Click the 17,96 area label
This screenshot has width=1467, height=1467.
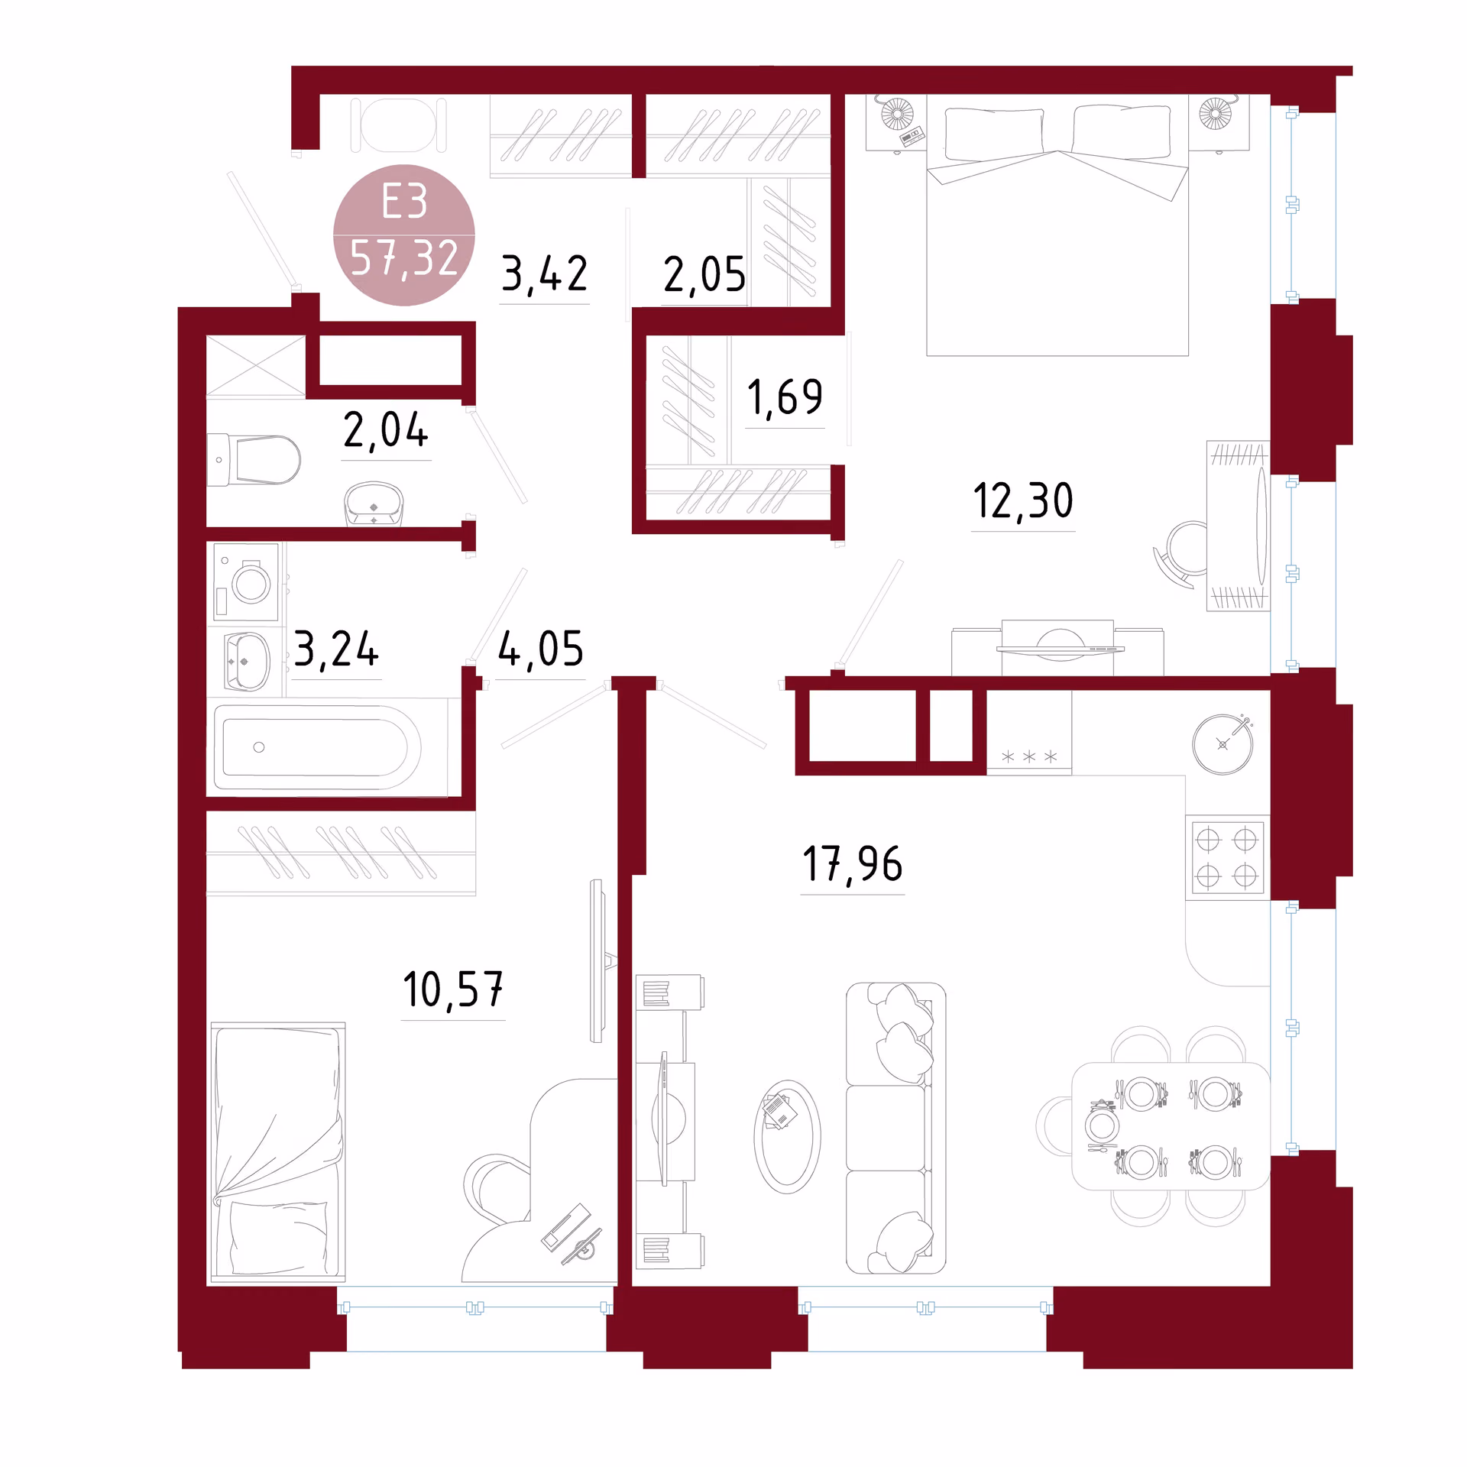coord(853,864)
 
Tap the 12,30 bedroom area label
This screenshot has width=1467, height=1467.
coord(1023,501)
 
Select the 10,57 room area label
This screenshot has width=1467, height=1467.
coord(453,989)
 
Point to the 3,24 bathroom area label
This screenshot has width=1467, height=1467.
coord(336,649)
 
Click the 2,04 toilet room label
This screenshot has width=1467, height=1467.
coord(386,430)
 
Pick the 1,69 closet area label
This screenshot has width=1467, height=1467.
coord(785,398)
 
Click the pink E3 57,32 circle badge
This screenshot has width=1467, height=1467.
coord(404,235)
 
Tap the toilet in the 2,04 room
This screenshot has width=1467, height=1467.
coord(254,460)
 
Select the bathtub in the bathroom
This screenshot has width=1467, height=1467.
coord(318,747)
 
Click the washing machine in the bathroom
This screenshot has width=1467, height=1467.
coord(246,582)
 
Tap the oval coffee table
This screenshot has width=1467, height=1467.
coord(787,1137)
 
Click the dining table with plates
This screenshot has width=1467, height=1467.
coord(1171,1127)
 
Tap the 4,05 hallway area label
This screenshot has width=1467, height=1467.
coord(541,649)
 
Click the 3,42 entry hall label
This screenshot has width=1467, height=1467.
coord(544,274)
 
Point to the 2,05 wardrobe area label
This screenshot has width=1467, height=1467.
coord(704,274)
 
